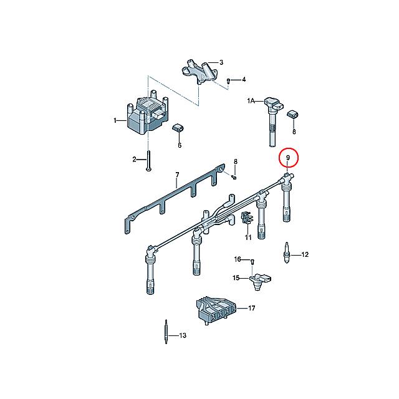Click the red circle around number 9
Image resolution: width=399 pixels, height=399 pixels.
pos(279,157)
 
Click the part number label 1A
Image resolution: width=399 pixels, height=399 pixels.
pos(251,101)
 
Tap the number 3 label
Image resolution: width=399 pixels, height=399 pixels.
pos(221,62)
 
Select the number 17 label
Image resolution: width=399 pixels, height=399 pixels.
pos(251,308)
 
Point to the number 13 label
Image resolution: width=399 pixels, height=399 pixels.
pos(183,335)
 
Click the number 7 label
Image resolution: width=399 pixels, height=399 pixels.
pos(177,175)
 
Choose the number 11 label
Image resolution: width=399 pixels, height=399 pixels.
pos(248,238)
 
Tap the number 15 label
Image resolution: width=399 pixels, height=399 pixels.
pos(236,278)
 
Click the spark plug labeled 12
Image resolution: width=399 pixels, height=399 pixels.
pos(287,252)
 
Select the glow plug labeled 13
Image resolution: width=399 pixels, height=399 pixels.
pos(166,332)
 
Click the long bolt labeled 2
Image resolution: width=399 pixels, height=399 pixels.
pos(148,161)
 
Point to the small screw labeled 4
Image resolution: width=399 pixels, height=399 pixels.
pos(228,81)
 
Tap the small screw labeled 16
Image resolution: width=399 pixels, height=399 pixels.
pos(252,261)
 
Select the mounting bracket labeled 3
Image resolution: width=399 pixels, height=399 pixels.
pos(200,71)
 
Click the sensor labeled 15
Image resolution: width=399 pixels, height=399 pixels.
pos(260,281)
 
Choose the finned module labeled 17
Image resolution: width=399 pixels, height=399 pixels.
pos(216,310)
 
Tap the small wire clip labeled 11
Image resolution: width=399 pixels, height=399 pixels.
pos(246,218)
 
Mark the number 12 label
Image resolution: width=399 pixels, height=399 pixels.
pos(305,254)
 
